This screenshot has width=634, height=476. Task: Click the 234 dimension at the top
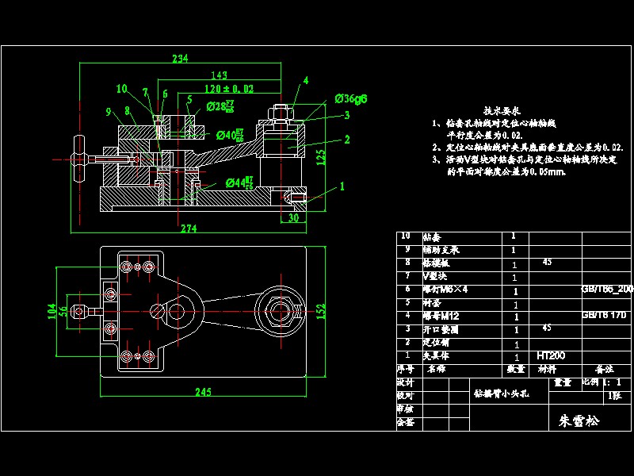(x=180, y=59)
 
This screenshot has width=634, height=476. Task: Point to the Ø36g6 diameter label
(x=350, y=99)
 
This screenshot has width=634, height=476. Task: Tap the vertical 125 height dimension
(x=320, y=156)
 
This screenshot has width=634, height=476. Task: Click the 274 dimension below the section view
(x=189, y=228)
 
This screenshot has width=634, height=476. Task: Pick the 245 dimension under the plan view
(x=204, y=391)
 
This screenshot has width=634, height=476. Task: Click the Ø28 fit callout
(x=220, y=106)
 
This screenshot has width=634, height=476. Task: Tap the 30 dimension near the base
(x=292, y=217)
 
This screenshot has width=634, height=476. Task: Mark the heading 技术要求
(x=501, y=112)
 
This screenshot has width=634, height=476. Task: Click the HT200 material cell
(x=550, y=355)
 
